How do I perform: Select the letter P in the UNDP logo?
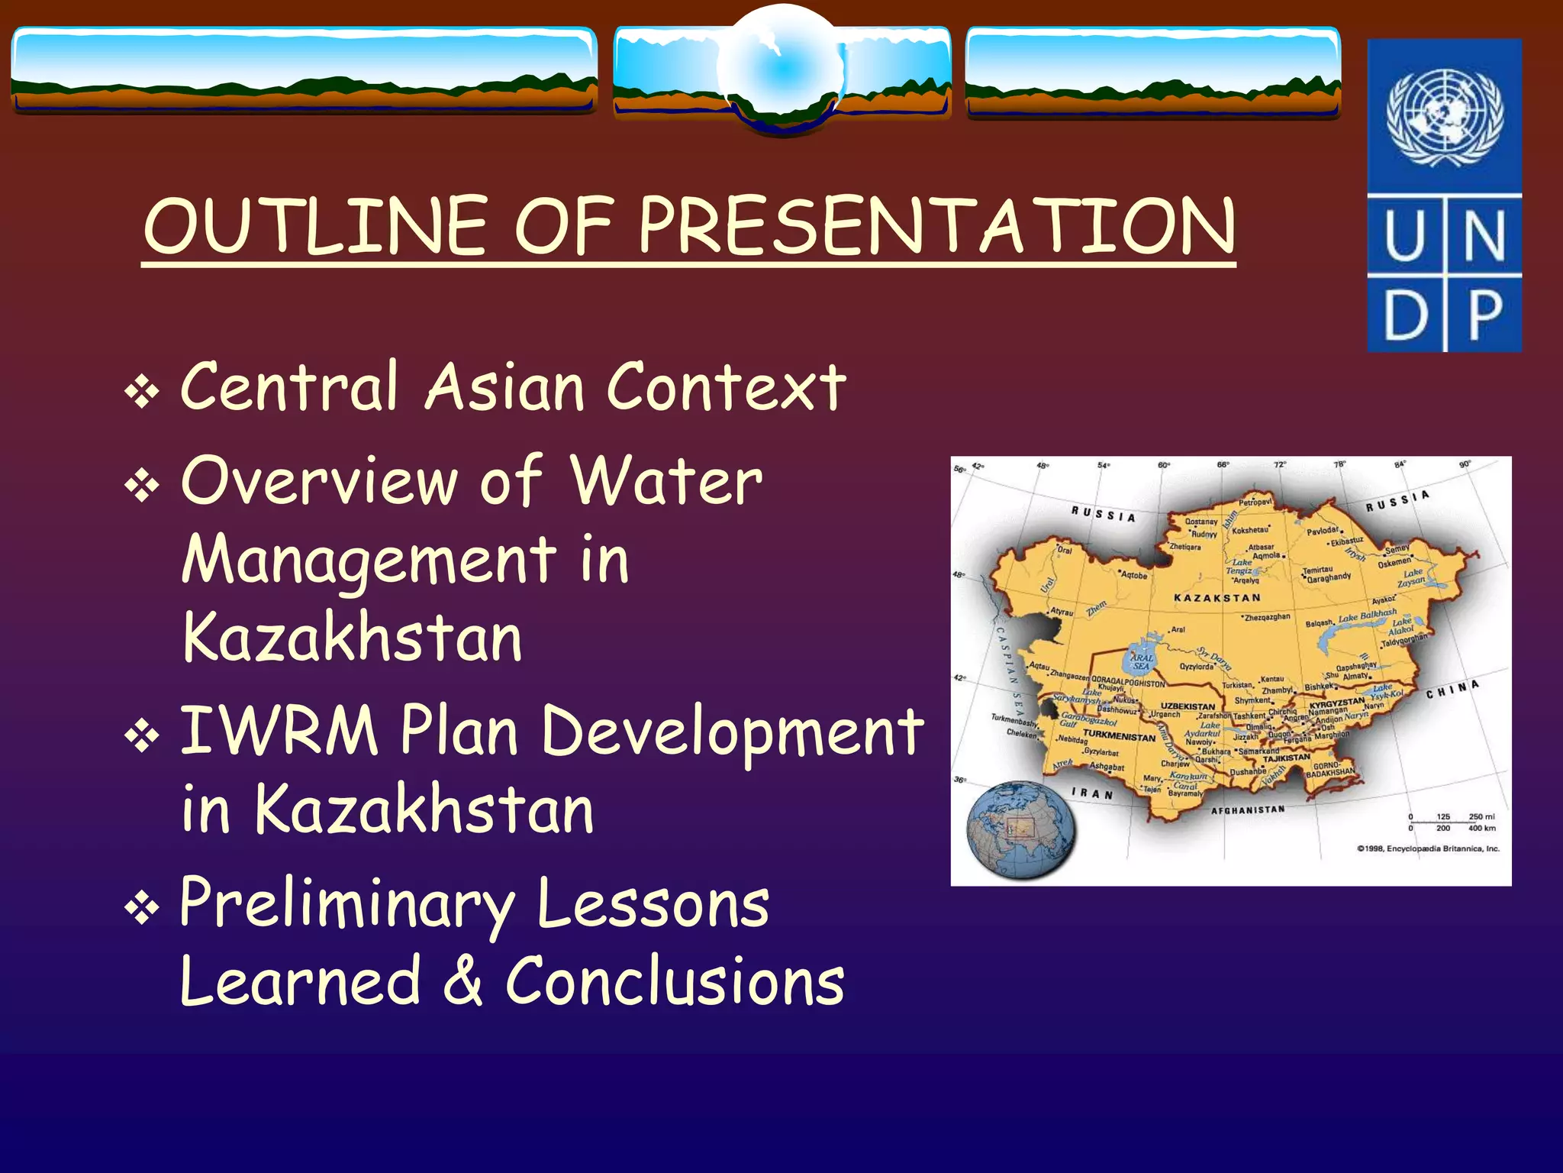tap(1484, 314)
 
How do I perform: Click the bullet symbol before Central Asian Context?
tap(142, 393)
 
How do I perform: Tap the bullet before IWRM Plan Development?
tap(142, 736)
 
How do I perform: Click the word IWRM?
tap(279, 732)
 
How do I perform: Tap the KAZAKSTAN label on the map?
tap(1217, 598)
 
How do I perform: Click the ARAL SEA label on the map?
tap(1142, 661)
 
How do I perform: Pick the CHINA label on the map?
tap(1452, 689)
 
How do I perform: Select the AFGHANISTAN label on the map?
tap(1248, 809)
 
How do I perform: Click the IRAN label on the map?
tap(1091, 793)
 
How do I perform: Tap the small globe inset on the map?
tap(1021, 830)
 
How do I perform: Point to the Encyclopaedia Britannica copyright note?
tap(1427, 848)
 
